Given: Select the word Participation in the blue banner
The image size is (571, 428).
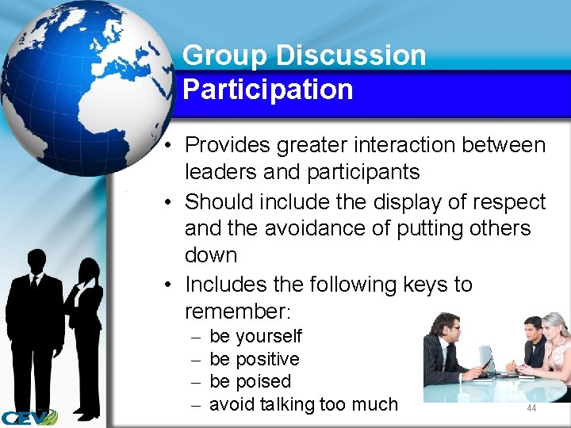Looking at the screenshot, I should click(267, 90).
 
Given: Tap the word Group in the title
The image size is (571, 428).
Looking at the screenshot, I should click(225, 55).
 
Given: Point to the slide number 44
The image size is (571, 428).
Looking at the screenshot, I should click(531, 407).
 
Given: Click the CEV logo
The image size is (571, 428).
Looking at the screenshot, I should click(29, 416).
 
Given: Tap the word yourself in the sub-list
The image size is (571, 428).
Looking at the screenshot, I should click(269, 337).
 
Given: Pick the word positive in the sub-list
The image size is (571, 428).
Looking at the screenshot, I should click(267, 359).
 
